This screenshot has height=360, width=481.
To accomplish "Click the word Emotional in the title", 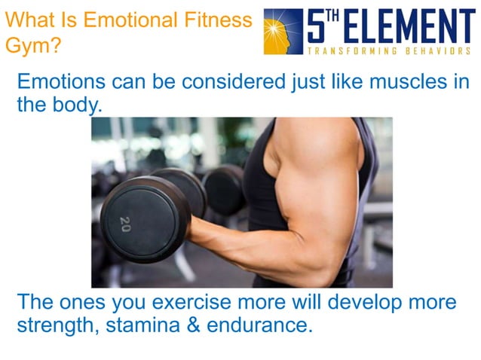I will [x=126, y=20].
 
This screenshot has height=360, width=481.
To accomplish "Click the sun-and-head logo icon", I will [x=283, y=31].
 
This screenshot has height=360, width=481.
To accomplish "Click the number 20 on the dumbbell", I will [x=124, y=224].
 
